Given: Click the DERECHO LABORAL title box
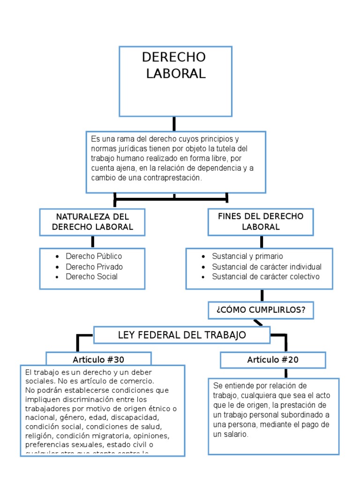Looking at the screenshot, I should point(175,81).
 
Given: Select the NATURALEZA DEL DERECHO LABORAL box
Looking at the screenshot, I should point(92,222).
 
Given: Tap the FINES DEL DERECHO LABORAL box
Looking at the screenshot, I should point(261,221).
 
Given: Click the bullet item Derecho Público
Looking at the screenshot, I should point(94,256).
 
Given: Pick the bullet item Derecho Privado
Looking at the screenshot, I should point(94,266).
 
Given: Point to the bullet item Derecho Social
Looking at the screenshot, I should point(91,277).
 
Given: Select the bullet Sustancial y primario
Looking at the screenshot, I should point(247,256).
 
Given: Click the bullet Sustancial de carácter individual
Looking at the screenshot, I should point(267,266).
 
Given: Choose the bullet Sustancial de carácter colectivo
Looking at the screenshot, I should point(265,277).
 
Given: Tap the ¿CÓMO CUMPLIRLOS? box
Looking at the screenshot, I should point(261,310).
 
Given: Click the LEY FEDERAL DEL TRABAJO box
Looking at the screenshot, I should point(182,335).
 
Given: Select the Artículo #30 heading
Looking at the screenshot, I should point(98,360).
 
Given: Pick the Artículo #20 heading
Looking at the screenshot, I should point(273,360).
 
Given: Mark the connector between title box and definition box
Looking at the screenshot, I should point(174,124).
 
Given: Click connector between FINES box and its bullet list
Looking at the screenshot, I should point(262,242).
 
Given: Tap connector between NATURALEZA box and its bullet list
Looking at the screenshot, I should point(93,242).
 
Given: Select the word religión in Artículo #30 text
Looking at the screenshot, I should point(39,435).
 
